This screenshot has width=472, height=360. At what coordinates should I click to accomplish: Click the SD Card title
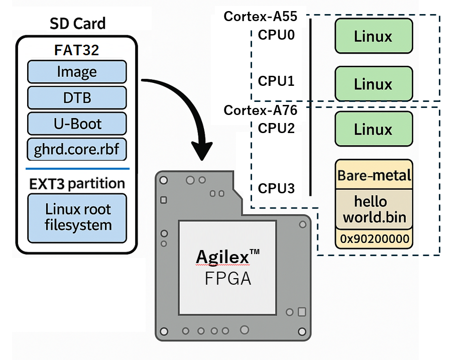click(77, 24)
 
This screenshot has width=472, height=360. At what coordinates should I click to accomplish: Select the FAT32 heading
click(76, 50)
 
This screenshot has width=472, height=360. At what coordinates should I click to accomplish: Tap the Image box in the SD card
click(76, 72)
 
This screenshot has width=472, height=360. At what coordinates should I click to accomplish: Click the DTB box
click(76, 97)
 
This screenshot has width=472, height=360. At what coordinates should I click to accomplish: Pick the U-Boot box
click(76, 124)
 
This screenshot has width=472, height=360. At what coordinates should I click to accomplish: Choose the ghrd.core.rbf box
click(76, 149)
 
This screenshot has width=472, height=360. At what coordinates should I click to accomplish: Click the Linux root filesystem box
click(77, 217)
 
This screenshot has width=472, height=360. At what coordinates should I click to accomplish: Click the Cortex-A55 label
click(261, 17)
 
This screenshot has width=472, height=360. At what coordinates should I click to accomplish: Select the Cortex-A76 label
click(261, 110)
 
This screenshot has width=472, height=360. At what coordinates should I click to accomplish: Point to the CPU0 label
click(276, 36)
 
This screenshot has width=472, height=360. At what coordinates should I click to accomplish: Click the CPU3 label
click(276, 189)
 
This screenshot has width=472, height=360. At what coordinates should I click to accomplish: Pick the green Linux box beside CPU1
click(373, 84)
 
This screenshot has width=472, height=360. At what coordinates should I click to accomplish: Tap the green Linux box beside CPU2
click(373, 130)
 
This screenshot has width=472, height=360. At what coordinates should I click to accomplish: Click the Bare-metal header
click(374, 176)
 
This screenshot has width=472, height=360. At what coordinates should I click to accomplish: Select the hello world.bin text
click(374, 210)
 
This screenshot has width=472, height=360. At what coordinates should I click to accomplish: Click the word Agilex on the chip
click(222, 257)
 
